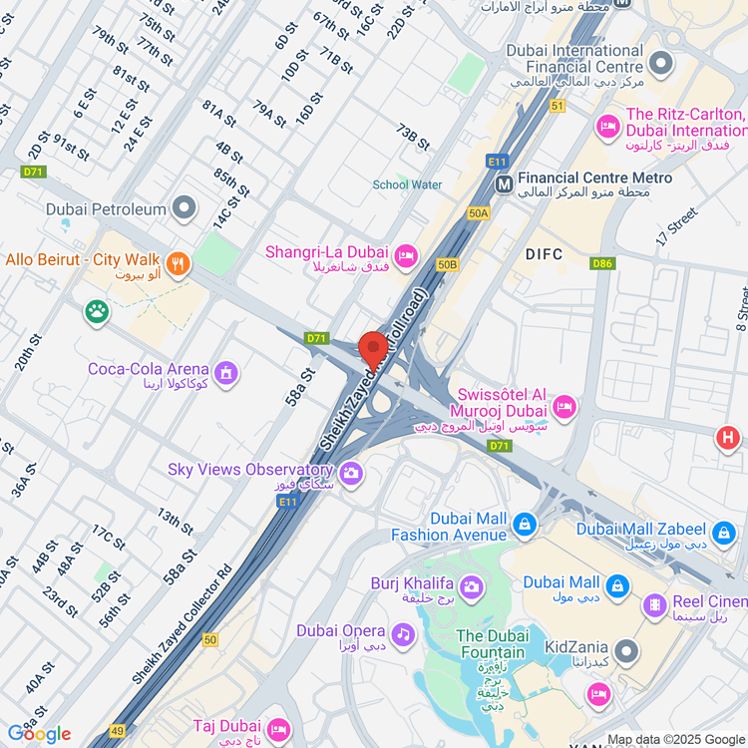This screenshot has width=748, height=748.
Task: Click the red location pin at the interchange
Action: [373, 349]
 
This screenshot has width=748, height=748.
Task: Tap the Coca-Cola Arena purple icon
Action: [226, 373]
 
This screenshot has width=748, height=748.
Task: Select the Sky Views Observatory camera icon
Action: [350, 474]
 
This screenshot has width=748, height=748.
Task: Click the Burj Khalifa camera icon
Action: [471, 586]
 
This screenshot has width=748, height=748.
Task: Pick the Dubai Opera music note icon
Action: [402, 633]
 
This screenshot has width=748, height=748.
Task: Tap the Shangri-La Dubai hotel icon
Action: [405, 256]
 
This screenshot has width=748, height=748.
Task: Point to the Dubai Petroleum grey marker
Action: [185, 208]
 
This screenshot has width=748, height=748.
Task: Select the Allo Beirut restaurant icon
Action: [179, 264]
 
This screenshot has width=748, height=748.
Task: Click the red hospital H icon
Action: [728, 438]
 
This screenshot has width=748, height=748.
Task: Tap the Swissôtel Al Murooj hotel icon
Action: [564, 406]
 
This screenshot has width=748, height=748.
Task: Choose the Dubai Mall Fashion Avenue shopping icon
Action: [524, 523]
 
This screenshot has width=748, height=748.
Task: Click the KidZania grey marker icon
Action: [626, 651]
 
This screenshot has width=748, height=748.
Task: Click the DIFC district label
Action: [545, 254]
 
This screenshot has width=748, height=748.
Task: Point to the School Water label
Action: [407, 185]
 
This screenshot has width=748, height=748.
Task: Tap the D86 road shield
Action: [601, 263]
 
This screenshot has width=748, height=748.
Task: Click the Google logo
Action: [40, 734]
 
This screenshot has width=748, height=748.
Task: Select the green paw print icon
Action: [97, 312]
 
